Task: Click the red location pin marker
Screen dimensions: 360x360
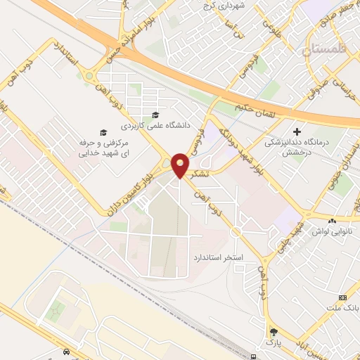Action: (x=181, y=165)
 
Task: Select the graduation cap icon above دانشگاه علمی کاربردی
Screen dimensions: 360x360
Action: (x=155, y=115)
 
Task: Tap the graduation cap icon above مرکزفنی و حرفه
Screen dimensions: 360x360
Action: (x=103, y=131)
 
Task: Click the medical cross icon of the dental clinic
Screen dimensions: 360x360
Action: (x=297, y=131)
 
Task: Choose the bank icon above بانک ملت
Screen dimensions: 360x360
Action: (x=343, y=297)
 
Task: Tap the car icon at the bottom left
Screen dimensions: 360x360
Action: (x=66, y=351)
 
